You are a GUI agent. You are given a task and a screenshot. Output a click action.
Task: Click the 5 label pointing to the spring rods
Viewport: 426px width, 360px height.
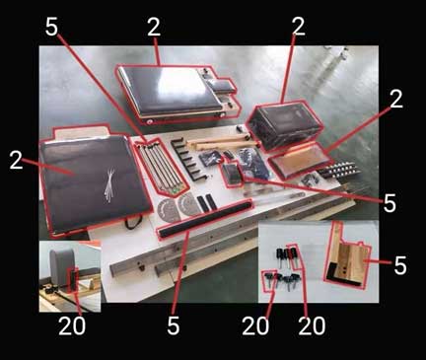click(x=51, y=26)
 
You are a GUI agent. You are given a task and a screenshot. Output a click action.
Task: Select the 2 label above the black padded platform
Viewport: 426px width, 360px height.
click(x=154, y=27)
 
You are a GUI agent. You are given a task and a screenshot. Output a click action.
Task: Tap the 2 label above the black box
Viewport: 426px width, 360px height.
click(x=298, y=26)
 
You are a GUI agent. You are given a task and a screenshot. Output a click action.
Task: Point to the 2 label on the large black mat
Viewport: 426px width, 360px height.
click(x=17, y=160)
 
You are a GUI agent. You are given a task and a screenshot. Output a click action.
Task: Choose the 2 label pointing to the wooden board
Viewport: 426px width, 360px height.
click(x=395, y=99)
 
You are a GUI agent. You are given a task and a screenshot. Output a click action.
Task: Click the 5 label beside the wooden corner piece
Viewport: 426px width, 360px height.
click(x=400, y=265)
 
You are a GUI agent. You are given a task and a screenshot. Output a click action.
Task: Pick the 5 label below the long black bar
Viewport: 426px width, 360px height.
click(x=174, y=325)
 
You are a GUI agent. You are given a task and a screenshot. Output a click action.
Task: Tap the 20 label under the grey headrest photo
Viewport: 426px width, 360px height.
click(x=72, y=325)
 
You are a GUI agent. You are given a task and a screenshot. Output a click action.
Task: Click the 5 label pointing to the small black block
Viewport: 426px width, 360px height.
click(x=390, y=202)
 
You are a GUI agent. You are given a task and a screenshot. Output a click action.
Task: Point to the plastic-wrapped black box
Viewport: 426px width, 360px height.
click(x=285, y=125)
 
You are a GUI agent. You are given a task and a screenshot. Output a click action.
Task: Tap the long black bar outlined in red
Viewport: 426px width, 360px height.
click(x=205, y=219)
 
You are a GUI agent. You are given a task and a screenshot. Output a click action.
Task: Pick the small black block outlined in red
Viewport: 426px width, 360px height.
click(x=232, y=175)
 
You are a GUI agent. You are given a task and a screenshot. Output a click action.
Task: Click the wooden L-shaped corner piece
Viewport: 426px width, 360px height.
click(x=348, y=263)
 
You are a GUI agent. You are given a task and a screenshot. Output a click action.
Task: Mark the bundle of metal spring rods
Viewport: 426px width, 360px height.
click(x=161, y=166)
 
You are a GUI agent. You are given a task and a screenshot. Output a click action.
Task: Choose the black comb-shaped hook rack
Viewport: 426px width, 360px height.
click(x=186, y=159)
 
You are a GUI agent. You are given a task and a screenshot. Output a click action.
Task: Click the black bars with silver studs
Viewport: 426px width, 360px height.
click(x=338, y=170)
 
